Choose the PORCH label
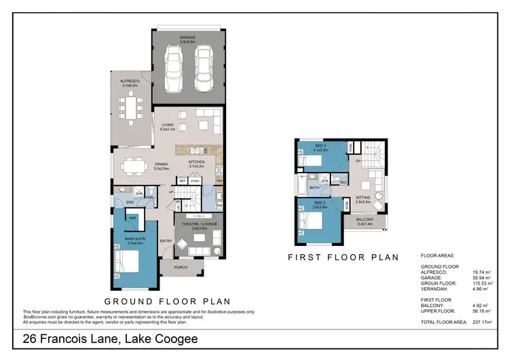(x=181, y=267)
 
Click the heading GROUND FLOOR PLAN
(x=167, y=301)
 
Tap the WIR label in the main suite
(x=133, y=219)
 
